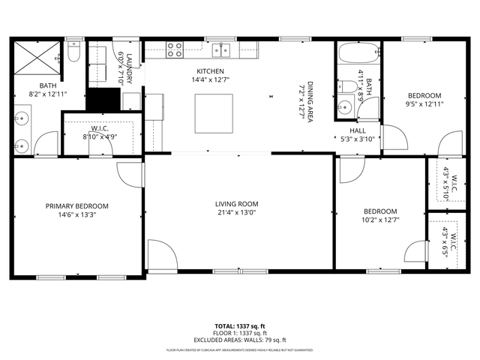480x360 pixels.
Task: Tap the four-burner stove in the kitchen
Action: (x=175, y=50)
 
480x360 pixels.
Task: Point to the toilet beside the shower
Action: (x=73, y=52)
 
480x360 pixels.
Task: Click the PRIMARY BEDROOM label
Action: (x=76, y=206)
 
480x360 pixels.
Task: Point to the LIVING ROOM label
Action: (x=236, y=203)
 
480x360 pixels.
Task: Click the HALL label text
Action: (x=357, y=129)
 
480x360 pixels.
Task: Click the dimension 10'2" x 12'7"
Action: (x=380, y=220)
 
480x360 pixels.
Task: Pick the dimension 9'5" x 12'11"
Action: (x=424, y=105)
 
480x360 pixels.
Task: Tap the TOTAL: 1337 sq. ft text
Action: (x=240, y=326)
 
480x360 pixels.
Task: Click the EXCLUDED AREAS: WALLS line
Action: (x=240, y=340)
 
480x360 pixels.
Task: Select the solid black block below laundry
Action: (x=103, y=100)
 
